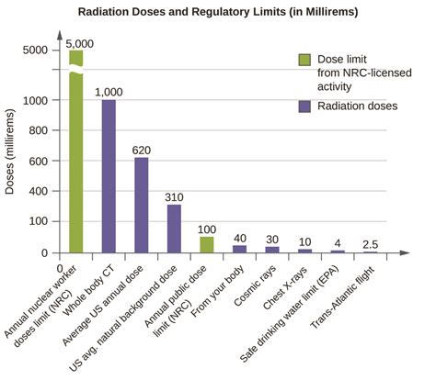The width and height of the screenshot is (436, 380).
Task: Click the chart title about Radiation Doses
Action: pos(219,12)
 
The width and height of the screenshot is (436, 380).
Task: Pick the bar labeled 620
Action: pos(141,205)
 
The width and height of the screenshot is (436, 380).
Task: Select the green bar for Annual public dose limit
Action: pos(207,244)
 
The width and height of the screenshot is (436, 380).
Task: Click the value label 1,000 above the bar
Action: pos(109,92)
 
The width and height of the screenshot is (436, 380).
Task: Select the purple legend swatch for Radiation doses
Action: pos(304,106)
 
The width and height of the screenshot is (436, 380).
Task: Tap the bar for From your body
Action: pos(239,248)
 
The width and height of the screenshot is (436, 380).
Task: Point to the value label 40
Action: pos(239,238)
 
